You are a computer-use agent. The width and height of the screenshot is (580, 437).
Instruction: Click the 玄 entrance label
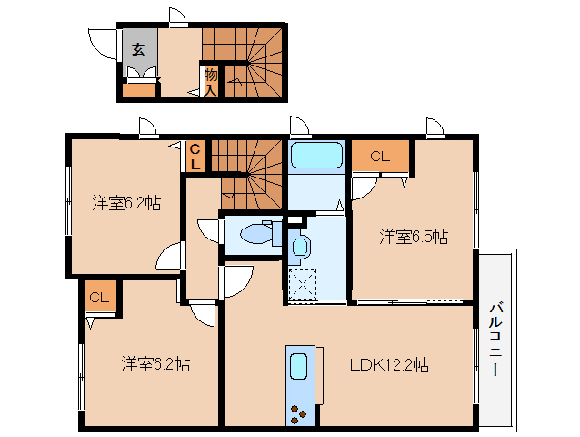tap(139, 49)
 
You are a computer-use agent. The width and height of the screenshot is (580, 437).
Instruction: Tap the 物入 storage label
tap(211, 82)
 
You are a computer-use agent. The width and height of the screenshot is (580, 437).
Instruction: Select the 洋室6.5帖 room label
tap(414, 237)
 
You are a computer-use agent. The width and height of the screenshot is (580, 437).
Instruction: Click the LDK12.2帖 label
tap(390, 365)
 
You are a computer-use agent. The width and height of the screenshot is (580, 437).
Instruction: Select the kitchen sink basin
tap(300, 368)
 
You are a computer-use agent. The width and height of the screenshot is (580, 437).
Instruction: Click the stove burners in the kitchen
tap(299, 411)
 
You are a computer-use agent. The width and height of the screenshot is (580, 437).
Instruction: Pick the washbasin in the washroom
tap(301, 246)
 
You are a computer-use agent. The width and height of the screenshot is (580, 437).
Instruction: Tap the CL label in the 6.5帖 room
tap(380, 156)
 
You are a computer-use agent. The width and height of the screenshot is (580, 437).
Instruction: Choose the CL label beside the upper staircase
tap(195, 156)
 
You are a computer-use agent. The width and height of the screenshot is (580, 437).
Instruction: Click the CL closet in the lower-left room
tap(98, 297)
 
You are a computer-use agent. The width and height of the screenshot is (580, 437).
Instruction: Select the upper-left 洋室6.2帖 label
tap(126, 203)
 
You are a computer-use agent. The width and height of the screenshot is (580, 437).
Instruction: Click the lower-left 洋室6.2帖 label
tap(155, 364)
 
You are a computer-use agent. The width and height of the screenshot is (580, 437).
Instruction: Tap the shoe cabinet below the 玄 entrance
tap(139, 89)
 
